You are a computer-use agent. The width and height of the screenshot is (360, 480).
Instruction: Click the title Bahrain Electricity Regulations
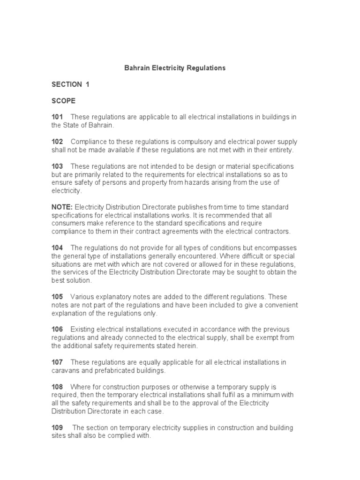(174, 68)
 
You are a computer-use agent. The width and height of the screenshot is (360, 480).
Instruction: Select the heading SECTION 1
(70, 84)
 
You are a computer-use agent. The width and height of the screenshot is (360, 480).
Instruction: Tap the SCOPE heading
(63, 101)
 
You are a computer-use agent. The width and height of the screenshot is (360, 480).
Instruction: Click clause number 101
(57, 117)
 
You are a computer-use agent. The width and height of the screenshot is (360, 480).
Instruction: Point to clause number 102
(57, 142)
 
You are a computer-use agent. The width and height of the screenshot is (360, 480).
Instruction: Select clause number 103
(57, 166)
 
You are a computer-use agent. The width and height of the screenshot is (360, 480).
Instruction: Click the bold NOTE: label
(62, 207)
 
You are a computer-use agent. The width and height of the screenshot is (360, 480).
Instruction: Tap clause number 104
(57, 247)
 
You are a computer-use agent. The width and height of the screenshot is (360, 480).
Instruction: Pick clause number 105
(57, 297)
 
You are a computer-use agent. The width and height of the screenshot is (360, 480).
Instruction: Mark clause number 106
(57, 330)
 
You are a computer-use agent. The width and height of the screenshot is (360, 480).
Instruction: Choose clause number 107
(57, 362)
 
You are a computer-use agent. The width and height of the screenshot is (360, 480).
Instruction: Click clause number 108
(57, 387)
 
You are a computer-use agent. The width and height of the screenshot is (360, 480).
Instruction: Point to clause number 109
(57, 428)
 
